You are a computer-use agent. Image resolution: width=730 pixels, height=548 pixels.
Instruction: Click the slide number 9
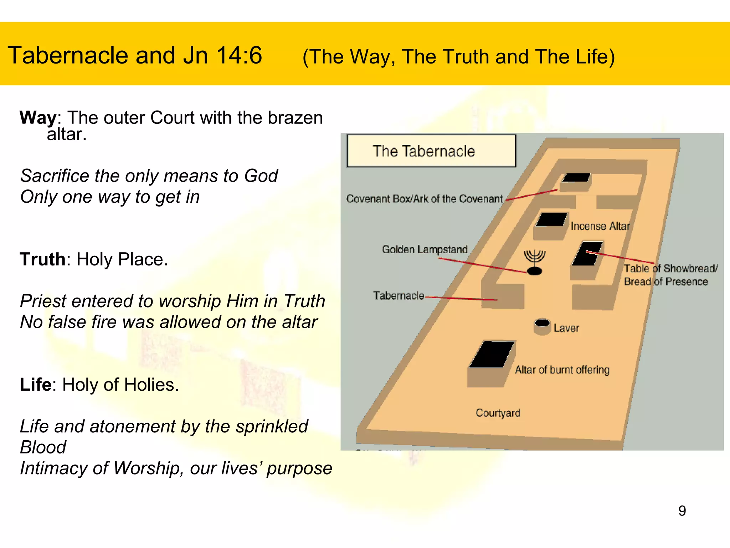[682, 511]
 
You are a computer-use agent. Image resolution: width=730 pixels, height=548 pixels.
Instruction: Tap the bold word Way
[38, 117]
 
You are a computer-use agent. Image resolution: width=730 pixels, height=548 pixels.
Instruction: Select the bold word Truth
[42, 259]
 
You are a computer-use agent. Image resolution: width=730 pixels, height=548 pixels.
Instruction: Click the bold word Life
[35, 385]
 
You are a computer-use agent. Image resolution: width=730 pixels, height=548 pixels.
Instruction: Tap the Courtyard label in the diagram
[498, 413]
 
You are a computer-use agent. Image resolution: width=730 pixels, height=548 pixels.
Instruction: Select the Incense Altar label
[600, 226]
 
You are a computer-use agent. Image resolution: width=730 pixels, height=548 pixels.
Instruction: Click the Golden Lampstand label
[425, 249]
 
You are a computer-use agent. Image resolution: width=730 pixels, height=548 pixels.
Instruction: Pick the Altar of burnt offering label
[562, 370]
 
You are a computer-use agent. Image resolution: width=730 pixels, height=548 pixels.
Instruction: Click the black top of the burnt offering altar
[492, 354]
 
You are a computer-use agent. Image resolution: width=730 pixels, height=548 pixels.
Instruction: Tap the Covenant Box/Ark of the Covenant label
[424, 199]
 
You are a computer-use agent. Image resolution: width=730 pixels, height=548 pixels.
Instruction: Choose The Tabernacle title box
[431, 151]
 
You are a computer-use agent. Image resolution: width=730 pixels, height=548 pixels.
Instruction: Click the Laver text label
[566, 328]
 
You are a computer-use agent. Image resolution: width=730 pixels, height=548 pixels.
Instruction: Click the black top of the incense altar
[551, 219]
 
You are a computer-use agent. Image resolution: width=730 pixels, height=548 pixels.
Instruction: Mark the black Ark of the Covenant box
[576, 177]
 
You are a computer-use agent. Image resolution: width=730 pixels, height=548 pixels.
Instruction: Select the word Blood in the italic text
[43, 447]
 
